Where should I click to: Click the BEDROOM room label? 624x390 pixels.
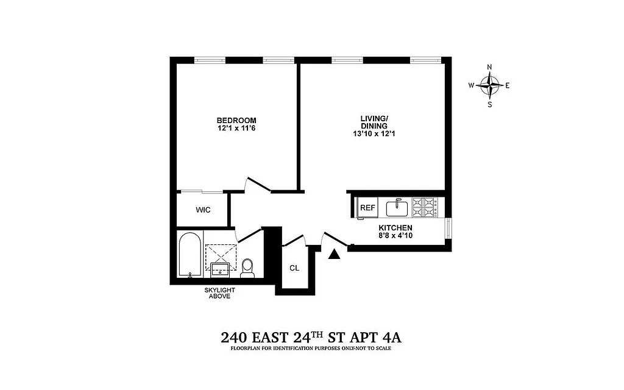(236, 120)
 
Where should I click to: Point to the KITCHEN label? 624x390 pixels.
(398, 227)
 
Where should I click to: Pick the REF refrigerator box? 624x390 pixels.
(367, 208)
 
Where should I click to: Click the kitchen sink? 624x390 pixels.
(397, 208)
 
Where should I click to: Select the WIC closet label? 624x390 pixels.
(203, 210)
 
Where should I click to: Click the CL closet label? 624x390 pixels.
(294, 268)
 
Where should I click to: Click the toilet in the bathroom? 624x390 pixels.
(247, 268)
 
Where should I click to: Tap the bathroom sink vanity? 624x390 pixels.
(221, 269)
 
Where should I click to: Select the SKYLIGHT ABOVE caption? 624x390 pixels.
(219, 294)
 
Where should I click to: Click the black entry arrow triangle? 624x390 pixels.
(333, 254)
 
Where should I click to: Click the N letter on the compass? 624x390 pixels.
(489, 67)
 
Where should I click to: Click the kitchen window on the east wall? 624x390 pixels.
(449, 230)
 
